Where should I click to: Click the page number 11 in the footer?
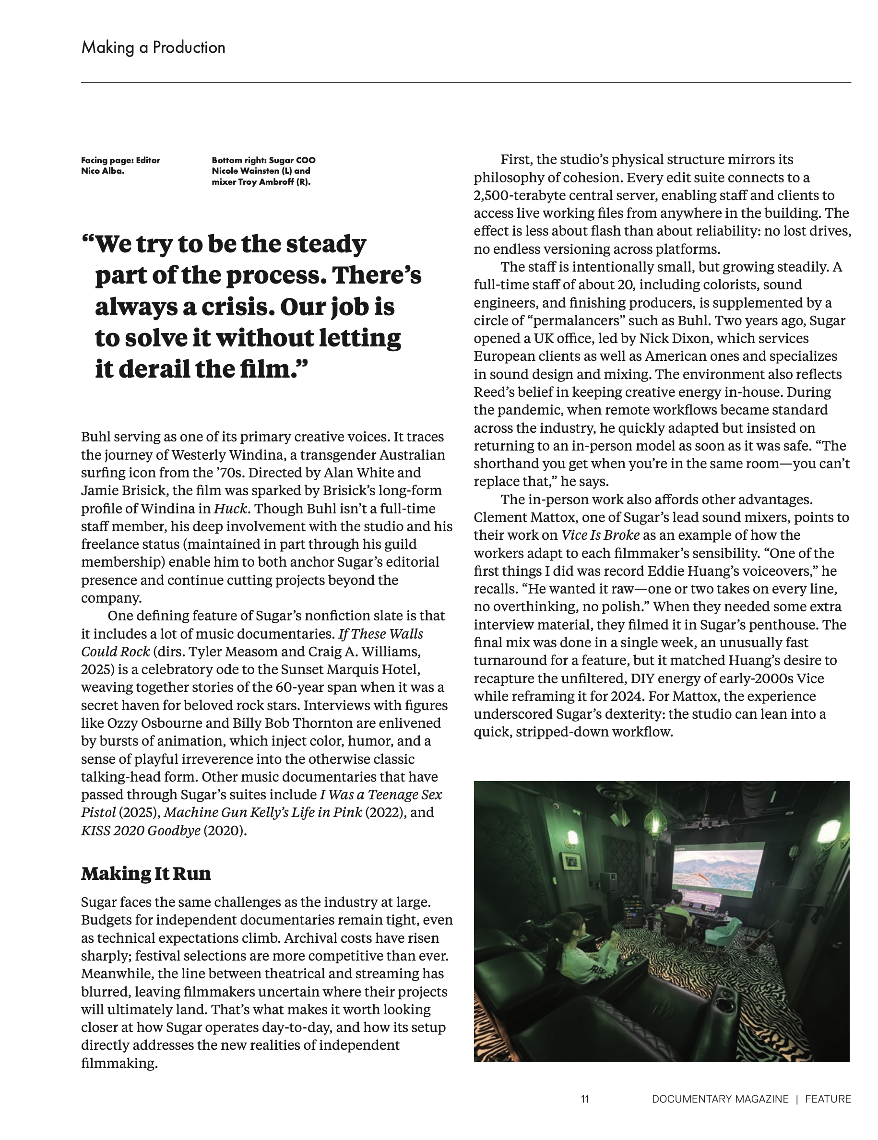coord(585,1099)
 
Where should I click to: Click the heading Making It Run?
coord(146,873)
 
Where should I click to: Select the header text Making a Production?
coord(153,47)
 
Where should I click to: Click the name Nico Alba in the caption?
coord(102,171)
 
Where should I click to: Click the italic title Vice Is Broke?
coord(600,535)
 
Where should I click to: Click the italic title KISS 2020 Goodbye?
coord(141,831)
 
